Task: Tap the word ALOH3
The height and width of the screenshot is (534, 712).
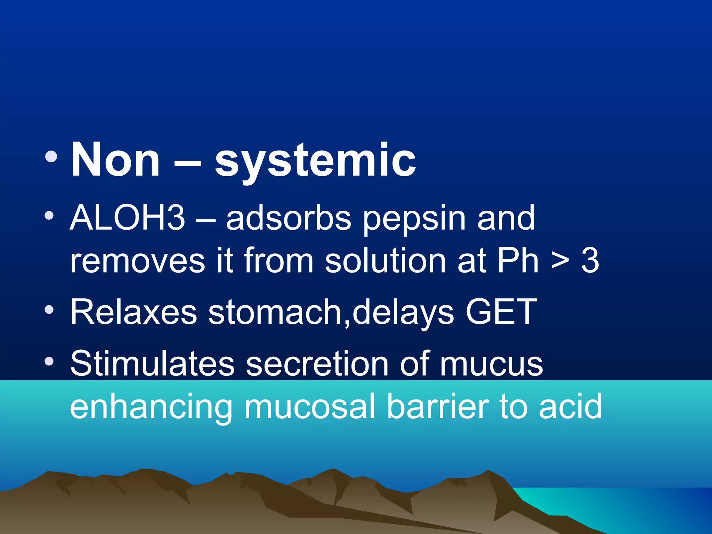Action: coord(127,218)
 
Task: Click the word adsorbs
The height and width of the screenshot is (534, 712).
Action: coord(289,218)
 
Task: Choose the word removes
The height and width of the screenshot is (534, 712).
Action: coord(137,261)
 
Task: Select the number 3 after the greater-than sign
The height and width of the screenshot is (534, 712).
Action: coord(590,261)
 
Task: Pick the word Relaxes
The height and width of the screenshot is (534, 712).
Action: coord(133,312)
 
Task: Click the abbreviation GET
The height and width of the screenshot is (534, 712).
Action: coord(501,312)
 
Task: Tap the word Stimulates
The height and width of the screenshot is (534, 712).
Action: coord(152,363)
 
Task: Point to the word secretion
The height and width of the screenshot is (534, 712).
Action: coord(317,363)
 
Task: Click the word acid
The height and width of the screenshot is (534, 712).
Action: coord(570,406)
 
